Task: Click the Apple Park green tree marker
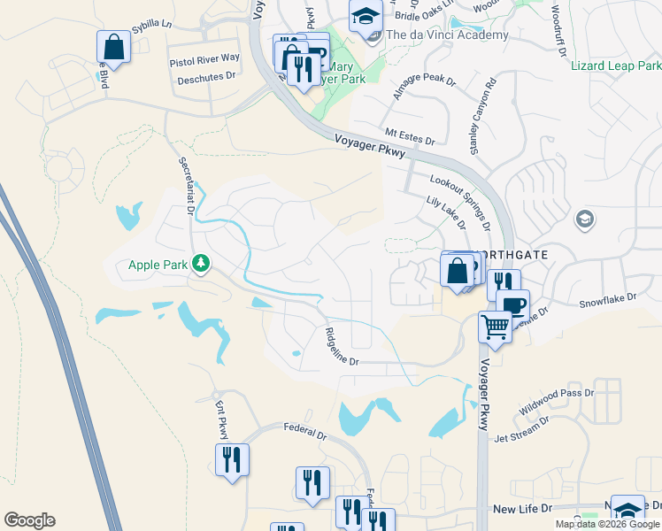click(x=201, y=263)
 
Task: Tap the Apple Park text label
click(x=158, y=264)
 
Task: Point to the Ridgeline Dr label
click(x=342, y=346)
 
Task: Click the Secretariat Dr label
click(x=185, y=187)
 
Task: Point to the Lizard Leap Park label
click(x=616, y=65)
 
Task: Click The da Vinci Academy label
click(x=448, y=35)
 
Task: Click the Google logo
click(x=29, y=520)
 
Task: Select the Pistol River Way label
click(x=204, y=58)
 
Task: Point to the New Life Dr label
click(x=522, y=509)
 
